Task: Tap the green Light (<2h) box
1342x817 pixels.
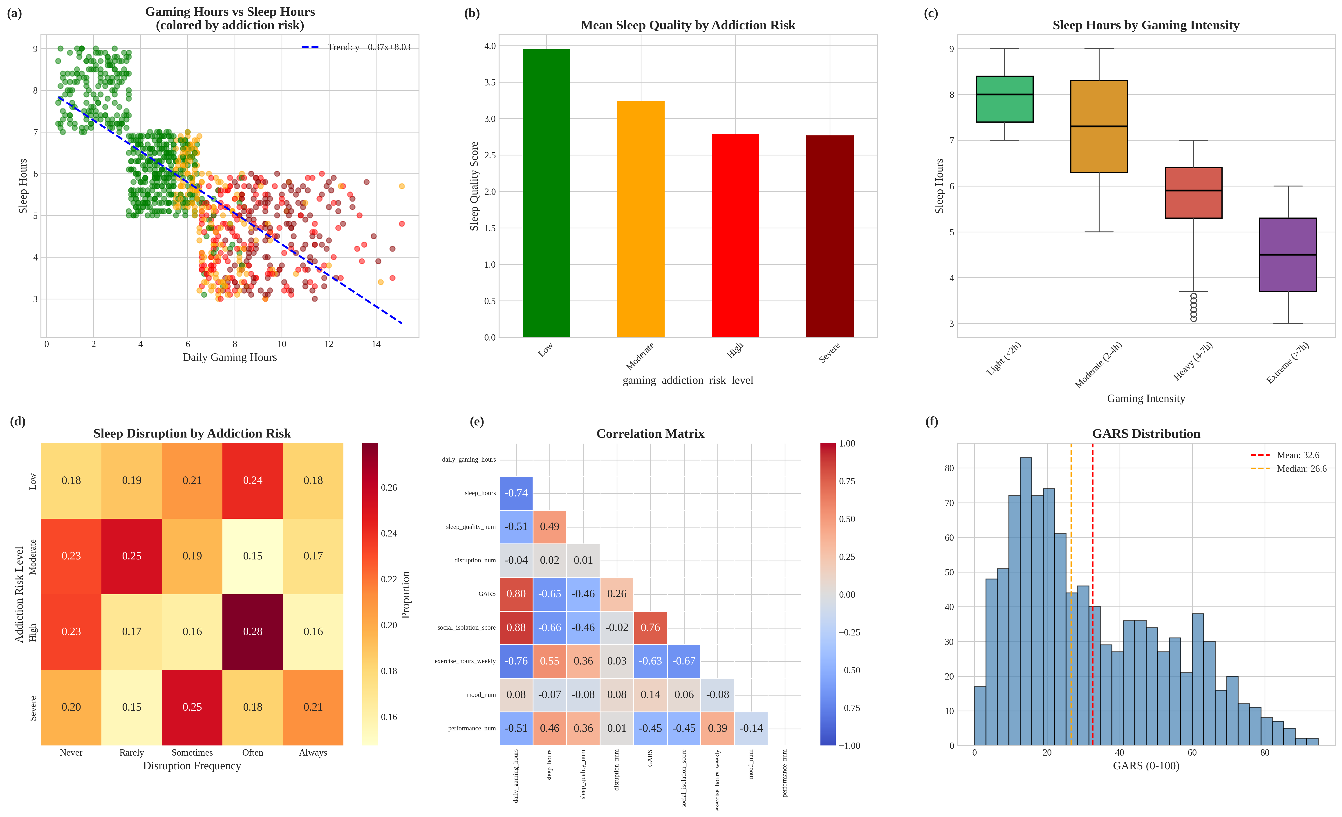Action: (1004, 99)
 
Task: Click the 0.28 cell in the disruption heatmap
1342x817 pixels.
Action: (253, 631)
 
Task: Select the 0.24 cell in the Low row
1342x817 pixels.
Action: (253, 480)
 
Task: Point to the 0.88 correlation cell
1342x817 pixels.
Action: (516, 627)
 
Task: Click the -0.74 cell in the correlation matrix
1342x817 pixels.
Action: (516, 493)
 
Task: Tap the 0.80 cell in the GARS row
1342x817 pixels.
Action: (516, 594)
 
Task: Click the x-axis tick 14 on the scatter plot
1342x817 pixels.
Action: (376, 344)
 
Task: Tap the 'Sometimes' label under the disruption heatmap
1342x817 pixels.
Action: (192, 753)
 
